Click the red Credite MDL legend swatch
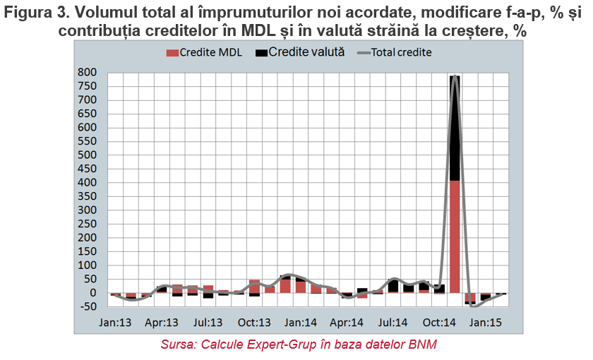click(172, 52)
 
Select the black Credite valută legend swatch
click(261, 52)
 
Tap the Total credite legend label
click(401, 52)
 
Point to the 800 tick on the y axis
click(88, 72)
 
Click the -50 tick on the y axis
click(88, 306)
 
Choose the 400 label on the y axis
click(88, 182)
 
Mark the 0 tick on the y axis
click(93, 293)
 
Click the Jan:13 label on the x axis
click(115, 323)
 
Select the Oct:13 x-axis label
click(254, 323)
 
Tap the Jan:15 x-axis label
click(486, 323)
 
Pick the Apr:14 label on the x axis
click(347, 323)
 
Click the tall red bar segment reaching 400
click(455, 236)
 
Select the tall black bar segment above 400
click(455, 128)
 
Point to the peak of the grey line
click(455, 76)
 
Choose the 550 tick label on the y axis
click(88, 141)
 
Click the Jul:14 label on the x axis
click(393, 323)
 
